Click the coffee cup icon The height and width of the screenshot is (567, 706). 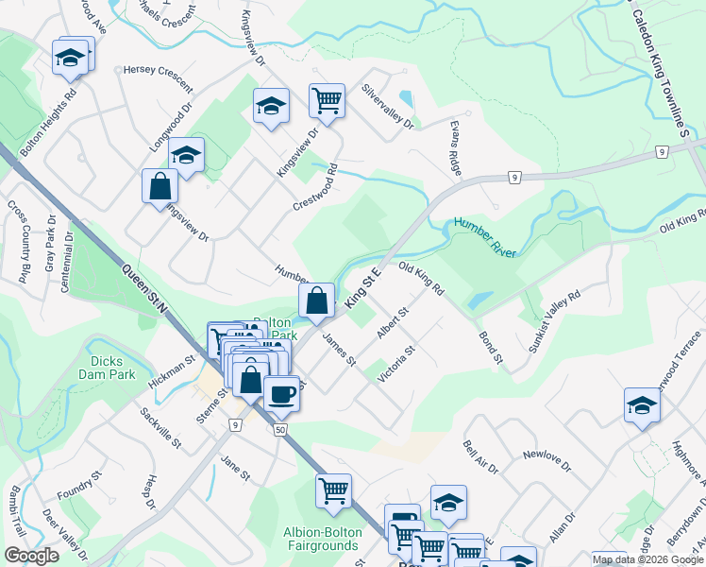(281, 393)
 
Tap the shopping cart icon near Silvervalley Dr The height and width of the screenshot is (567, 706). (327, 100)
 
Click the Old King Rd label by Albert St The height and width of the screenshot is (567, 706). (422, 280)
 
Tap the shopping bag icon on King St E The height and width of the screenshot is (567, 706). (317, 301)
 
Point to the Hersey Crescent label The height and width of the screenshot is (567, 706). (160, 71)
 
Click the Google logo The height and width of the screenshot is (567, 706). (31, 556)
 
